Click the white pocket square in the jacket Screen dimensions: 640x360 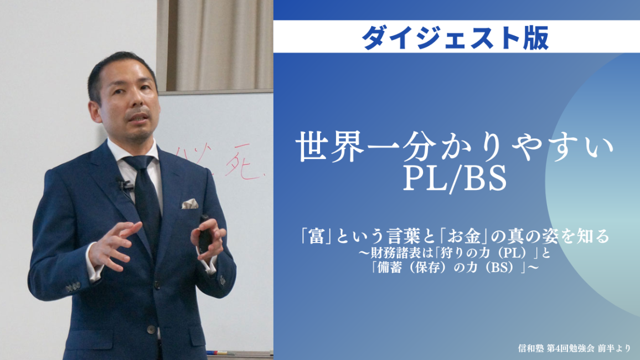click(190, 203)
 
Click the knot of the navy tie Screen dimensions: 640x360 click(138, 163)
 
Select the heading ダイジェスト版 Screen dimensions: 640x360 click(456, 38)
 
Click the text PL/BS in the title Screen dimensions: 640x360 click(455, 178)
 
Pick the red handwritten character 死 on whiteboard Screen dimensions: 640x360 click(243, 165)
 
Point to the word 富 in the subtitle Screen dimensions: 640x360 click(316, 236)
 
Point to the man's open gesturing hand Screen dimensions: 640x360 click(110, 244)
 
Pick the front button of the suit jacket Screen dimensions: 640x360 click(152, 329)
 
